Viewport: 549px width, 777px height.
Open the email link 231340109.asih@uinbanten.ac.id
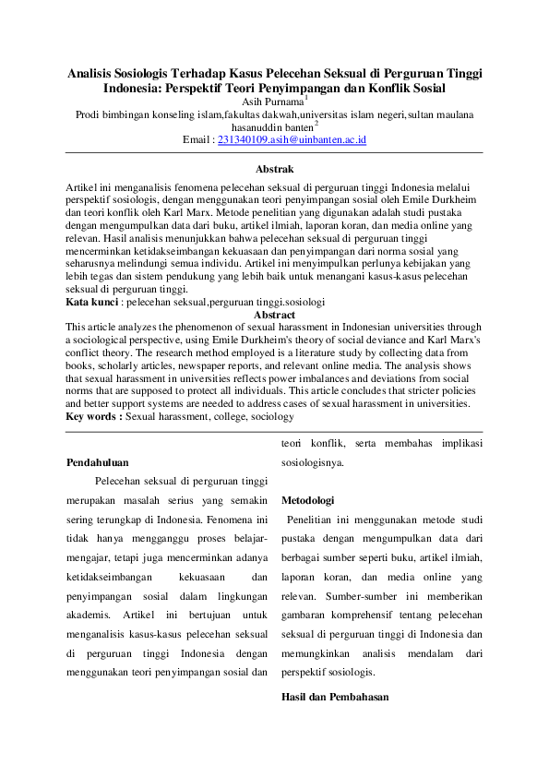[x=292, y=140]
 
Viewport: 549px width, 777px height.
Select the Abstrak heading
[x=274, y=169]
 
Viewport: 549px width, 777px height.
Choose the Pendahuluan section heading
[x=98, y=461]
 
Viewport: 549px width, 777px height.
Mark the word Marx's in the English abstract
[x=459, y=339]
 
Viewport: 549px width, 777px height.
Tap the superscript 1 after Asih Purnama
[x=305, y=97]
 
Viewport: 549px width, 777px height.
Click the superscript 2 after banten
[x=316, y=123]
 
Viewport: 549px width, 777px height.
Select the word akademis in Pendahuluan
[x=90, y=614]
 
